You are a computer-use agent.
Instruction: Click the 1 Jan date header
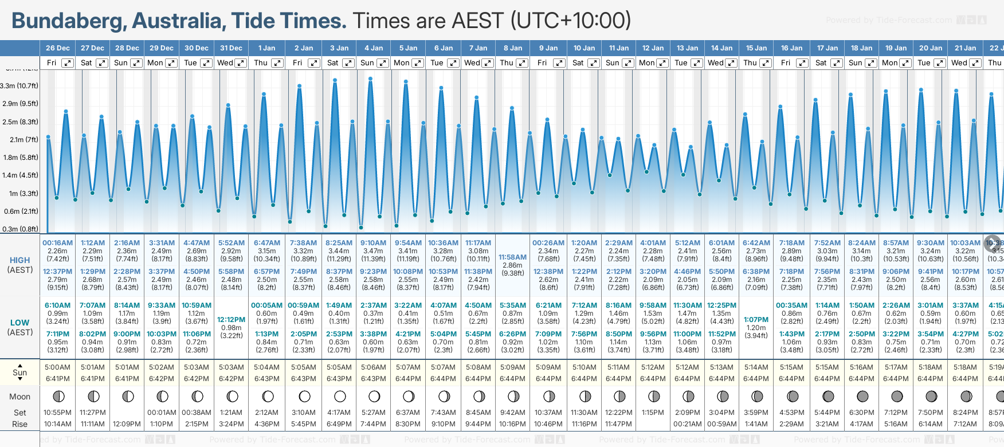coord(266,48)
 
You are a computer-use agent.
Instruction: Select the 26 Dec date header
coord(58,48)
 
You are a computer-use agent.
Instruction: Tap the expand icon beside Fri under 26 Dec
coord(68,63)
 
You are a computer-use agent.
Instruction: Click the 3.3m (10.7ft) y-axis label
coord(19,86)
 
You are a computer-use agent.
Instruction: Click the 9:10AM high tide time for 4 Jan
coord(373,243)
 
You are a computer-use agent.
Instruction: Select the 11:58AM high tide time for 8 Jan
coord(512,257)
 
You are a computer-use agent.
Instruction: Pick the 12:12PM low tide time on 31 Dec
coord(232,320)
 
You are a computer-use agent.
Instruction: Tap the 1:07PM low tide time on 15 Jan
coord(756,320)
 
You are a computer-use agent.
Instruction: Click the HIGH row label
coord(20,260)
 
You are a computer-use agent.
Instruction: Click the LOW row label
coord(20,323)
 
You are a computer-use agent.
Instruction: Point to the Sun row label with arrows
coord(20,372)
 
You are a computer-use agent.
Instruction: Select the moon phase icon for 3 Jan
coord(339,396)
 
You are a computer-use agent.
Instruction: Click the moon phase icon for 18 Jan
coord(862,396)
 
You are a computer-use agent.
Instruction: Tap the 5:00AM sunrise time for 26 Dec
coord(58,367)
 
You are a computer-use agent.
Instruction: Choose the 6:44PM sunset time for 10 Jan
coord(584,379)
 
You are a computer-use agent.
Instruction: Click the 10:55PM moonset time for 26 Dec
coord(58,413)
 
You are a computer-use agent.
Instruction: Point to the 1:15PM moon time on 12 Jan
coord(653,413)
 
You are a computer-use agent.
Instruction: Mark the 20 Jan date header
coord(931,48)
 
